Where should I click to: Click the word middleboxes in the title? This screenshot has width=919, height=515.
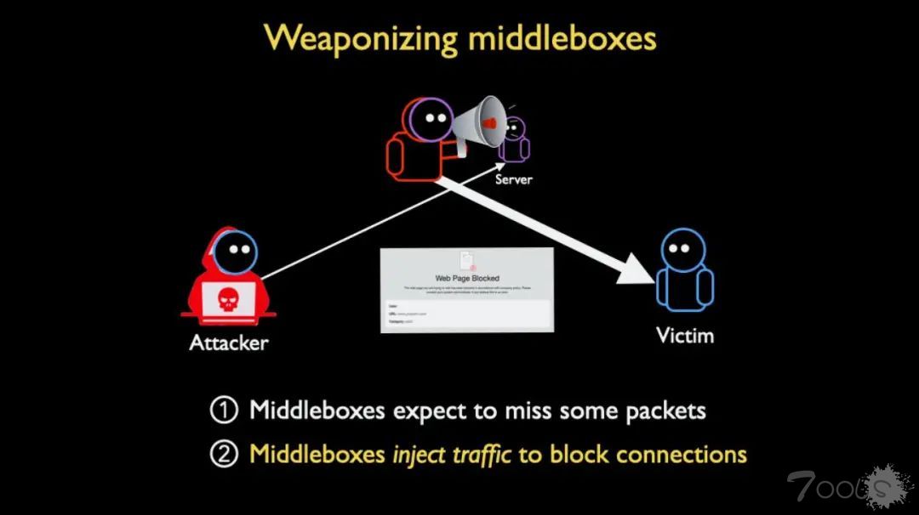[561, 39]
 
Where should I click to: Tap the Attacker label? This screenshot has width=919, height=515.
[228, 343]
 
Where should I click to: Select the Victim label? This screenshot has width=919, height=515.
[685, 335]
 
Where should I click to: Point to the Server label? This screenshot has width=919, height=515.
[514, 179]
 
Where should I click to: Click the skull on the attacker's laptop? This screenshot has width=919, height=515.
[227, 297]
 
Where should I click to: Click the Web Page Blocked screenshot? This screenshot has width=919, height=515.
[466, 290]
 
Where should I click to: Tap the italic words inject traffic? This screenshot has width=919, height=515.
[451, 454]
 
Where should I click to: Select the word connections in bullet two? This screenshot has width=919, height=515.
[681, 454]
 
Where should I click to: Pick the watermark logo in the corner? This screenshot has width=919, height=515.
[842, 486]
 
